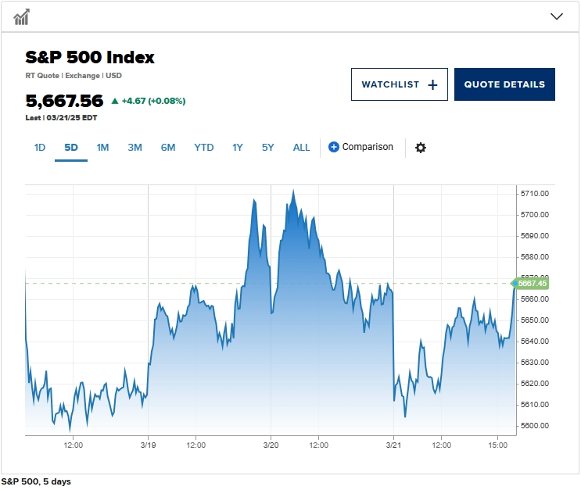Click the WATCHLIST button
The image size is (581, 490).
399,84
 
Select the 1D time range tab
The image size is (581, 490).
40,147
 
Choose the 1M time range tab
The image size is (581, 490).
102,147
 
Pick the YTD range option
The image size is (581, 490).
203,147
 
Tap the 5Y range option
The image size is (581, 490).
268,147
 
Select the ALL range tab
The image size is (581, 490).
301,147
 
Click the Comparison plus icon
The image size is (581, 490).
334,147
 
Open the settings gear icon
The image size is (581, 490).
421,148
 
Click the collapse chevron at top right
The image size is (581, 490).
557,16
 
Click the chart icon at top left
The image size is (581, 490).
22,16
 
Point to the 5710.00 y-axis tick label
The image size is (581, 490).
535,193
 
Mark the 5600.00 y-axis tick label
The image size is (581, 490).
535,426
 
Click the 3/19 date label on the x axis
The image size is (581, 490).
148,445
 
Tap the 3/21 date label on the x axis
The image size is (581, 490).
393,445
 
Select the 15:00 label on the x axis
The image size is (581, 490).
498,445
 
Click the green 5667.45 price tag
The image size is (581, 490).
531,283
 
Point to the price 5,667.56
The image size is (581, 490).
64,101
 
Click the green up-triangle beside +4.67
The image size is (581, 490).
115,101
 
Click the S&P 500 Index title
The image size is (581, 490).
90,57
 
